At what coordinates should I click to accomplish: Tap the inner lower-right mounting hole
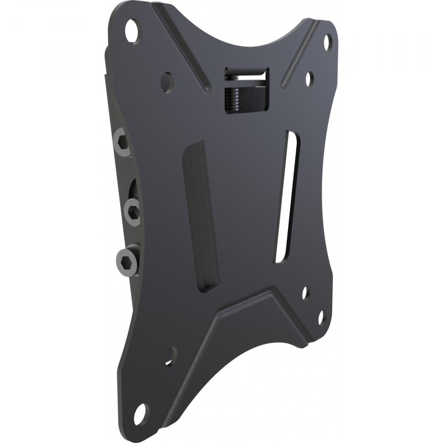(305, 291)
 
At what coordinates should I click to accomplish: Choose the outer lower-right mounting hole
(320, 317)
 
